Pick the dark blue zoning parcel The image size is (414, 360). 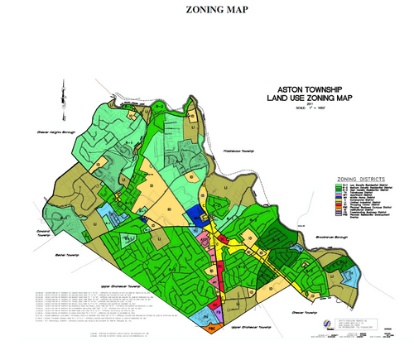(x=195, y=214)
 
